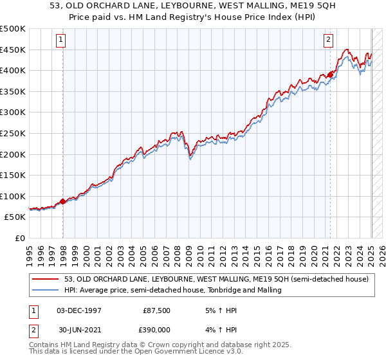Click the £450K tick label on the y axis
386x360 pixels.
point(13,50)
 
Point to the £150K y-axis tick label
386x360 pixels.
point(13,175)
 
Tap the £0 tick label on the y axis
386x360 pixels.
point(20,238)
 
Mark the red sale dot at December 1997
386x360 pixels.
point(63,201)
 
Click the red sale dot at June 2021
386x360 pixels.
point(331,75)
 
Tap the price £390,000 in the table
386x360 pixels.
point(157,328)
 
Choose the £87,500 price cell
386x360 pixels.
point(157,310)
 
